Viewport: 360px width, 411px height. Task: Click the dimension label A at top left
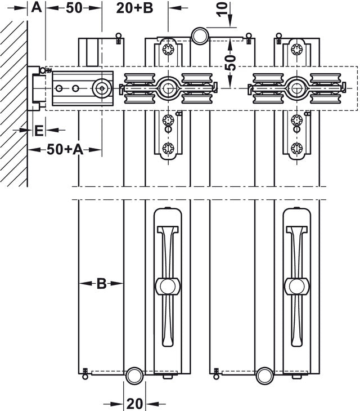pos(36,8)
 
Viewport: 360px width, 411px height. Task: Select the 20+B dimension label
pos(135,8)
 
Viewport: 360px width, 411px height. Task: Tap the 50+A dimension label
pos(65,149)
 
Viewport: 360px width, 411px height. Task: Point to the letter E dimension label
pos(38,130)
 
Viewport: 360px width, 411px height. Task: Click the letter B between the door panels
pos(101,284)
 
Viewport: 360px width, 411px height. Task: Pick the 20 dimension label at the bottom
pos(134,403)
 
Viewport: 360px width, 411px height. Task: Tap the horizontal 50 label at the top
pos(74,8)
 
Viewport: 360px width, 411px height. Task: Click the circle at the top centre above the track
pos(200,36)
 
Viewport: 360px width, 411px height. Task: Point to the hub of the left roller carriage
pos(167,87)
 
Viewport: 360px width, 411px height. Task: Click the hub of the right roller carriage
pos(296,87)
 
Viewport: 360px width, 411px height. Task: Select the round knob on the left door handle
pos(167,285)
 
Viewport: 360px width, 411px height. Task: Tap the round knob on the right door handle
pos(296,285)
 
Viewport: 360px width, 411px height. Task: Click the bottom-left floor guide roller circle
pos(134,376)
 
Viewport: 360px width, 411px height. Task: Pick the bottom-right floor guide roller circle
pos(264,376)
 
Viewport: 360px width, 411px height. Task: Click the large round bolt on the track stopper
pos(102,88)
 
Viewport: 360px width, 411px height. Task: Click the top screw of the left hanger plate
pos(167,51)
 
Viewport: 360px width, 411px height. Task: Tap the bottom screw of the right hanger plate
pos(296,149)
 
